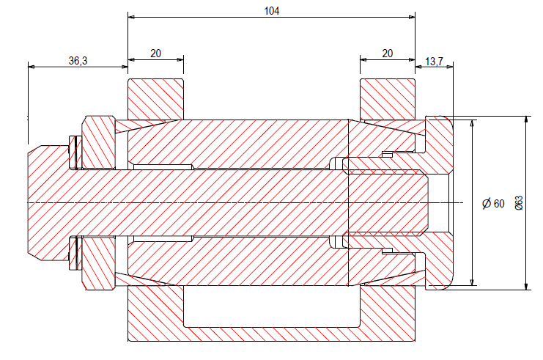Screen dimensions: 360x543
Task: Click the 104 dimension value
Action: pyautogui.click(x=272, y=11)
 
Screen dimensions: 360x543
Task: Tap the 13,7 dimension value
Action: pyautogui.click(x=435, y=62)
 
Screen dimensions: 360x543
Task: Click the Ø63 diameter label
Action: pyautogui.click(x=519, y=203)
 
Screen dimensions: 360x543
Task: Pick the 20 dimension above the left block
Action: pyautogui.click(x=155, y=54)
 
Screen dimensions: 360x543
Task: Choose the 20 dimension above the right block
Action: pyautogui.click(x=387, y=54)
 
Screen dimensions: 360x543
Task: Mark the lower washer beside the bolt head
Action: pyautogui.click(x=74, y=253)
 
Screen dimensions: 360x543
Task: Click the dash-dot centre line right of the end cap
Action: pyautogui.click(x=459, y=202)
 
